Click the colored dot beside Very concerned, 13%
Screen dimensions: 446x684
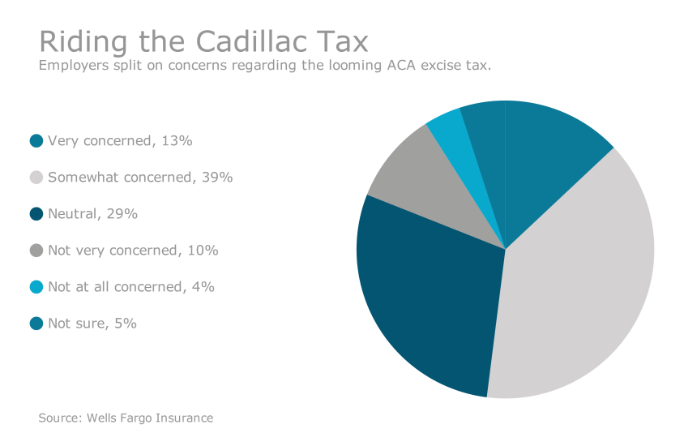click(36, 141)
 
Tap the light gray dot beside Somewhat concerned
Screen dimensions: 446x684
click(36, 178)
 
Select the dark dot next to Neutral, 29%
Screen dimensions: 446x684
click(36, 214)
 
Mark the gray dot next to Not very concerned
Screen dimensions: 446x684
click(36, 251)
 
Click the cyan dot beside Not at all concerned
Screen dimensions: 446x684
click(36, 287)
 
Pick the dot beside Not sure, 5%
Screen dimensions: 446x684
click(36, 324)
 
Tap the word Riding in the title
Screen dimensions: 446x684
click(72, 42)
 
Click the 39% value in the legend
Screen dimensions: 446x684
click(217, 178)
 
